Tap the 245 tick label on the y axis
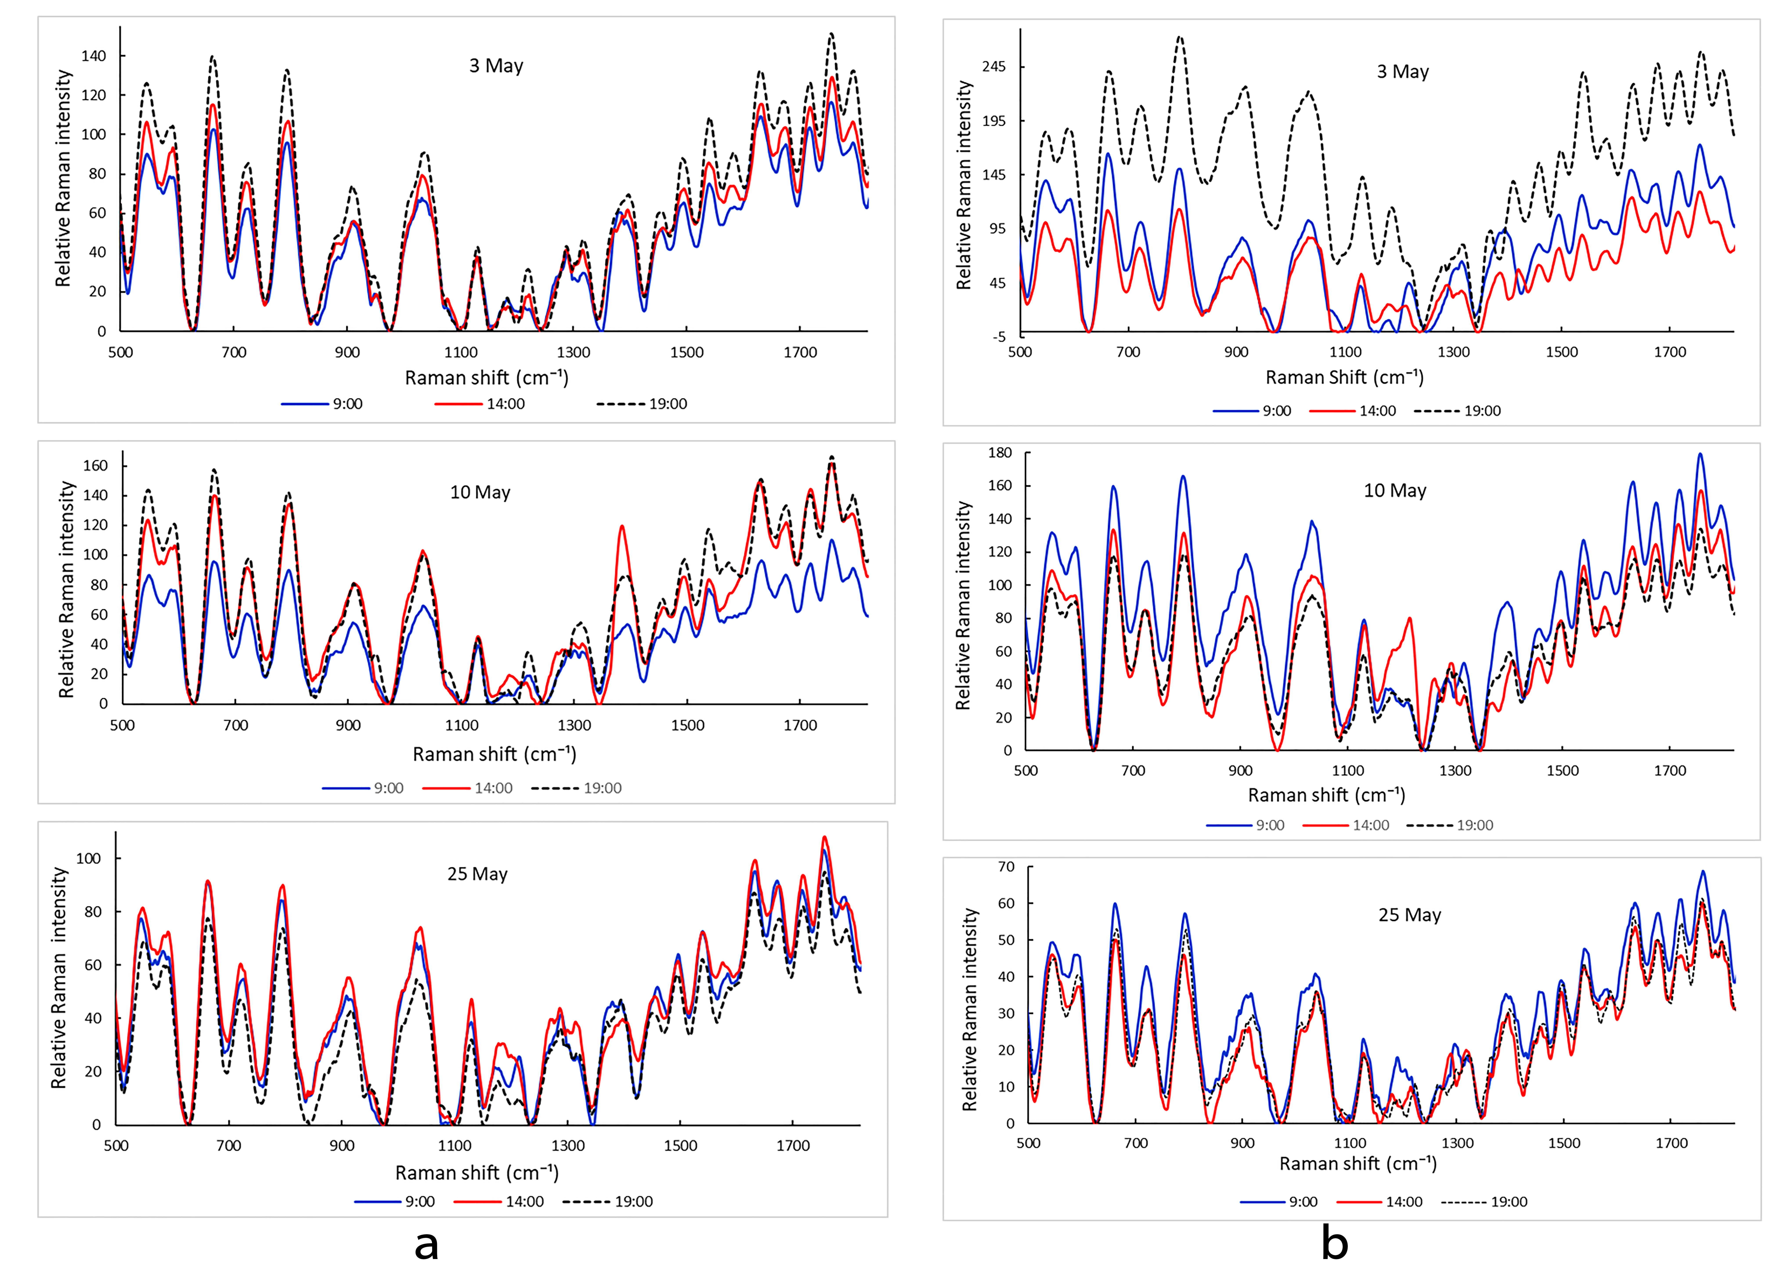click(994, 67)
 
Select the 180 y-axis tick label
click(1000, 453)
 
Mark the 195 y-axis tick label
click(994, 121)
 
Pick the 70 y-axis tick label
click(1006, 867)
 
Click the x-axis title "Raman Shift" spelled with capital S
click(1344, 377)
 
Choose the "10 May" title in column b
click(1395, 491)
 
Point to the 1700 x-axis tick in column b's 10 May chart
click(1670, 771)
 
